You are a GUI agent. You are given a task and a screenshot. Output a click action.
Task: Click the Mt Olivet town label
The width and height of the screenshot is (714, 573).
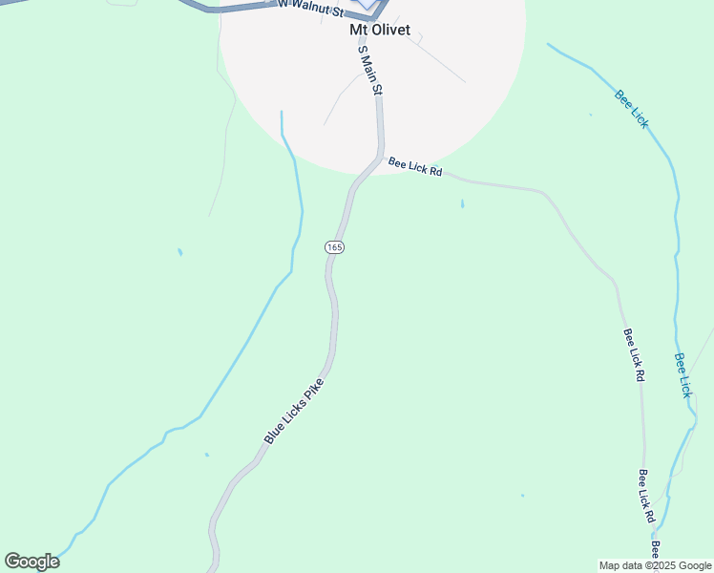pos(380,30)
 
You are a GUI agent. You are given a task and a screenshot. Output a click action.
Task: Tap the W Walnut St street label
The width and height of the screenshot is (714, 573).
pos(309,8)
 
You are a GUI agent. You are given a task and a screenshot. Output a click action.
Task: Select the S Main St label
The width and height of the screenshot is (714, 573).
pos(370,74)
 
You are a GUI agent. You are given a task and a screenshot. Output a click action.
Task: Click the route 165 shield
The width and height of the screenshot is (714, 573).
pos(334,246)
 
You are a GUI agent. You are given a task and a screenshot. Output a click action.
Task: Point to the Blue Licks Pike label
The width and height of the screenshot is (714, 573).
pos(294,412)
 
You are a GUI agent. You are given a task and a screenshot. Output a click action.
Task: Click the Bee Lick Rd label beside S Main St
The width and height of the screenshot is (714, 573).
pos(415,167)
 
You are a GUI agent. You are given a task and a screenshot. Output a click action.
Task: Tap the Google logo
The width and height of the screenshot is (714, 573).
pos(31,562)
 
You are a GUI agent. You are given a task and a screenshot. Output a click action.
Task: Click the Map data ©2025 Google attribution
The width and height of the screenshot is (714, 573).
pos(655,565)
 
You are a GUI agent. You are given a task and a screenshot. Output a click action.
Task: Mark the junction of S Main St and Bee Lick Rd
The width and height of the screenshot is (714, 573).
pos(382,157)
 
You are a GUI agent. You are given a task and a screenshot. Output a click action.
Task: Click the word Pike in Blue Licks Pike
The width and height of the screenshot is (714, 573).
pos(314,392)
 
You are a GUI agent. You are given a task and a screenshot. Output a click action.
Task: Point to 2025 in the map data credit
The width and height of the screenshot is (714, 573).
pos(661,565)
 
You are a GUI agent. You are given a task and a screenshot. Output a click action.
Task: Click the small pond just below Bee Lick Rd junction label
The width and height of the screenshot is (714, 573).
pos(463,203)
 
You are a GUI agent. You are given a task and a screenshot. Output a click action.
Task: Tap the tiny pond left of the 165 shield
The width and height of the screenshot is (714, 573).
pos(179,252)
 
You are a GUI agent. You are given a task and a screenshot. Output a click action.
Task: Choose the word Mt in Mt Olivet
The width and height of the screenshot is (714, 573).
pos(358,30)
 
